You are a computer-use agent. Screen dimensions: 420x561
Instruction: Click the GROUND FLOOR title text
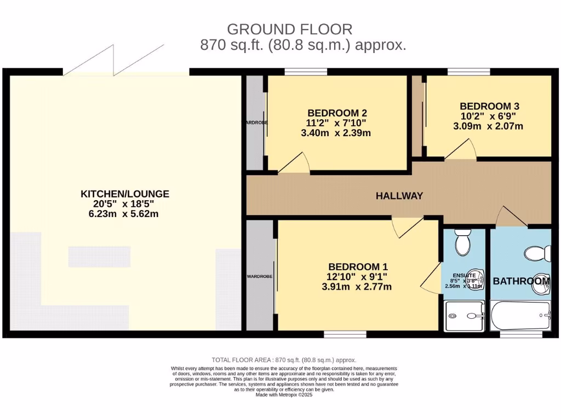(x=289, y=29)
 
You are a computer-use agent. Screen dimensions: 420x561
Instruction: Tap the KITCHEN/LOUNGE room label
(x=125, y=194)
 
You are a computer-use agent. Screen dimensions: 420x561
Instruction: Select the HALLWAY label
(x=399, y=196)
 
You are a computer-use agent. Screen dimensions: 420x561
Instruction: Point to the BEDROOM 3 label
(x=489, y=106)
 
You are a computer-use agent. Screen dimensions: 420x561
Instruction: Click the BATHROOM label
(x=521, y=281)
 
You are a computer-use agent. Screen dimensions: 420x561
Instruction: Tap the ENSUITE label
(x=464, y=275)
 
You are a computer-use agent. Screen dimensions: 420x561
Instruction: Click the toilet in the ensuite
(x=463, y=242)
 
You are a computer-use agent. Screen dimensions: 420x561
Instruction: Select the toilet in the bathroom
(x=537, y=253)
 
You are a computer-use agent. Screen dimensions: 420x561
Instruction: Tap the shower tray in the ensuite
(x=465, y=316)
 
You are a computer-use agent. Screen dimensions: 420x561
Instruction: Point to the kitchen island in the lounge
(x=99, y=256)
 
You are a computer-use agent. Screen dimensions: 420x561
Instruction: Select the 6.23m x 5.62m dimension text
(x=125, y=214)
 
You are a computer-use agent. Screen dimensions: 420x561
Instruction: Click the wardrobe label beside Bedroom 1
(x=259, y=277)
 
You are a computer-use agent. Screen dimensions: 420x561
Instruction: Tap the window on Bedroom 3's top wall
(x=468, y=72)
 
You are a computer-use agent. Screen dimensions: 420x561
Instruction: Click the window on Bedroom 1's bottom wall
(x=345, y=334)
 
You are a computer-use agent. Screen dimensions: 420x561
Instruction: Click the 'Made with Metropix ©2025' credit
(x=284, y=395)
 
